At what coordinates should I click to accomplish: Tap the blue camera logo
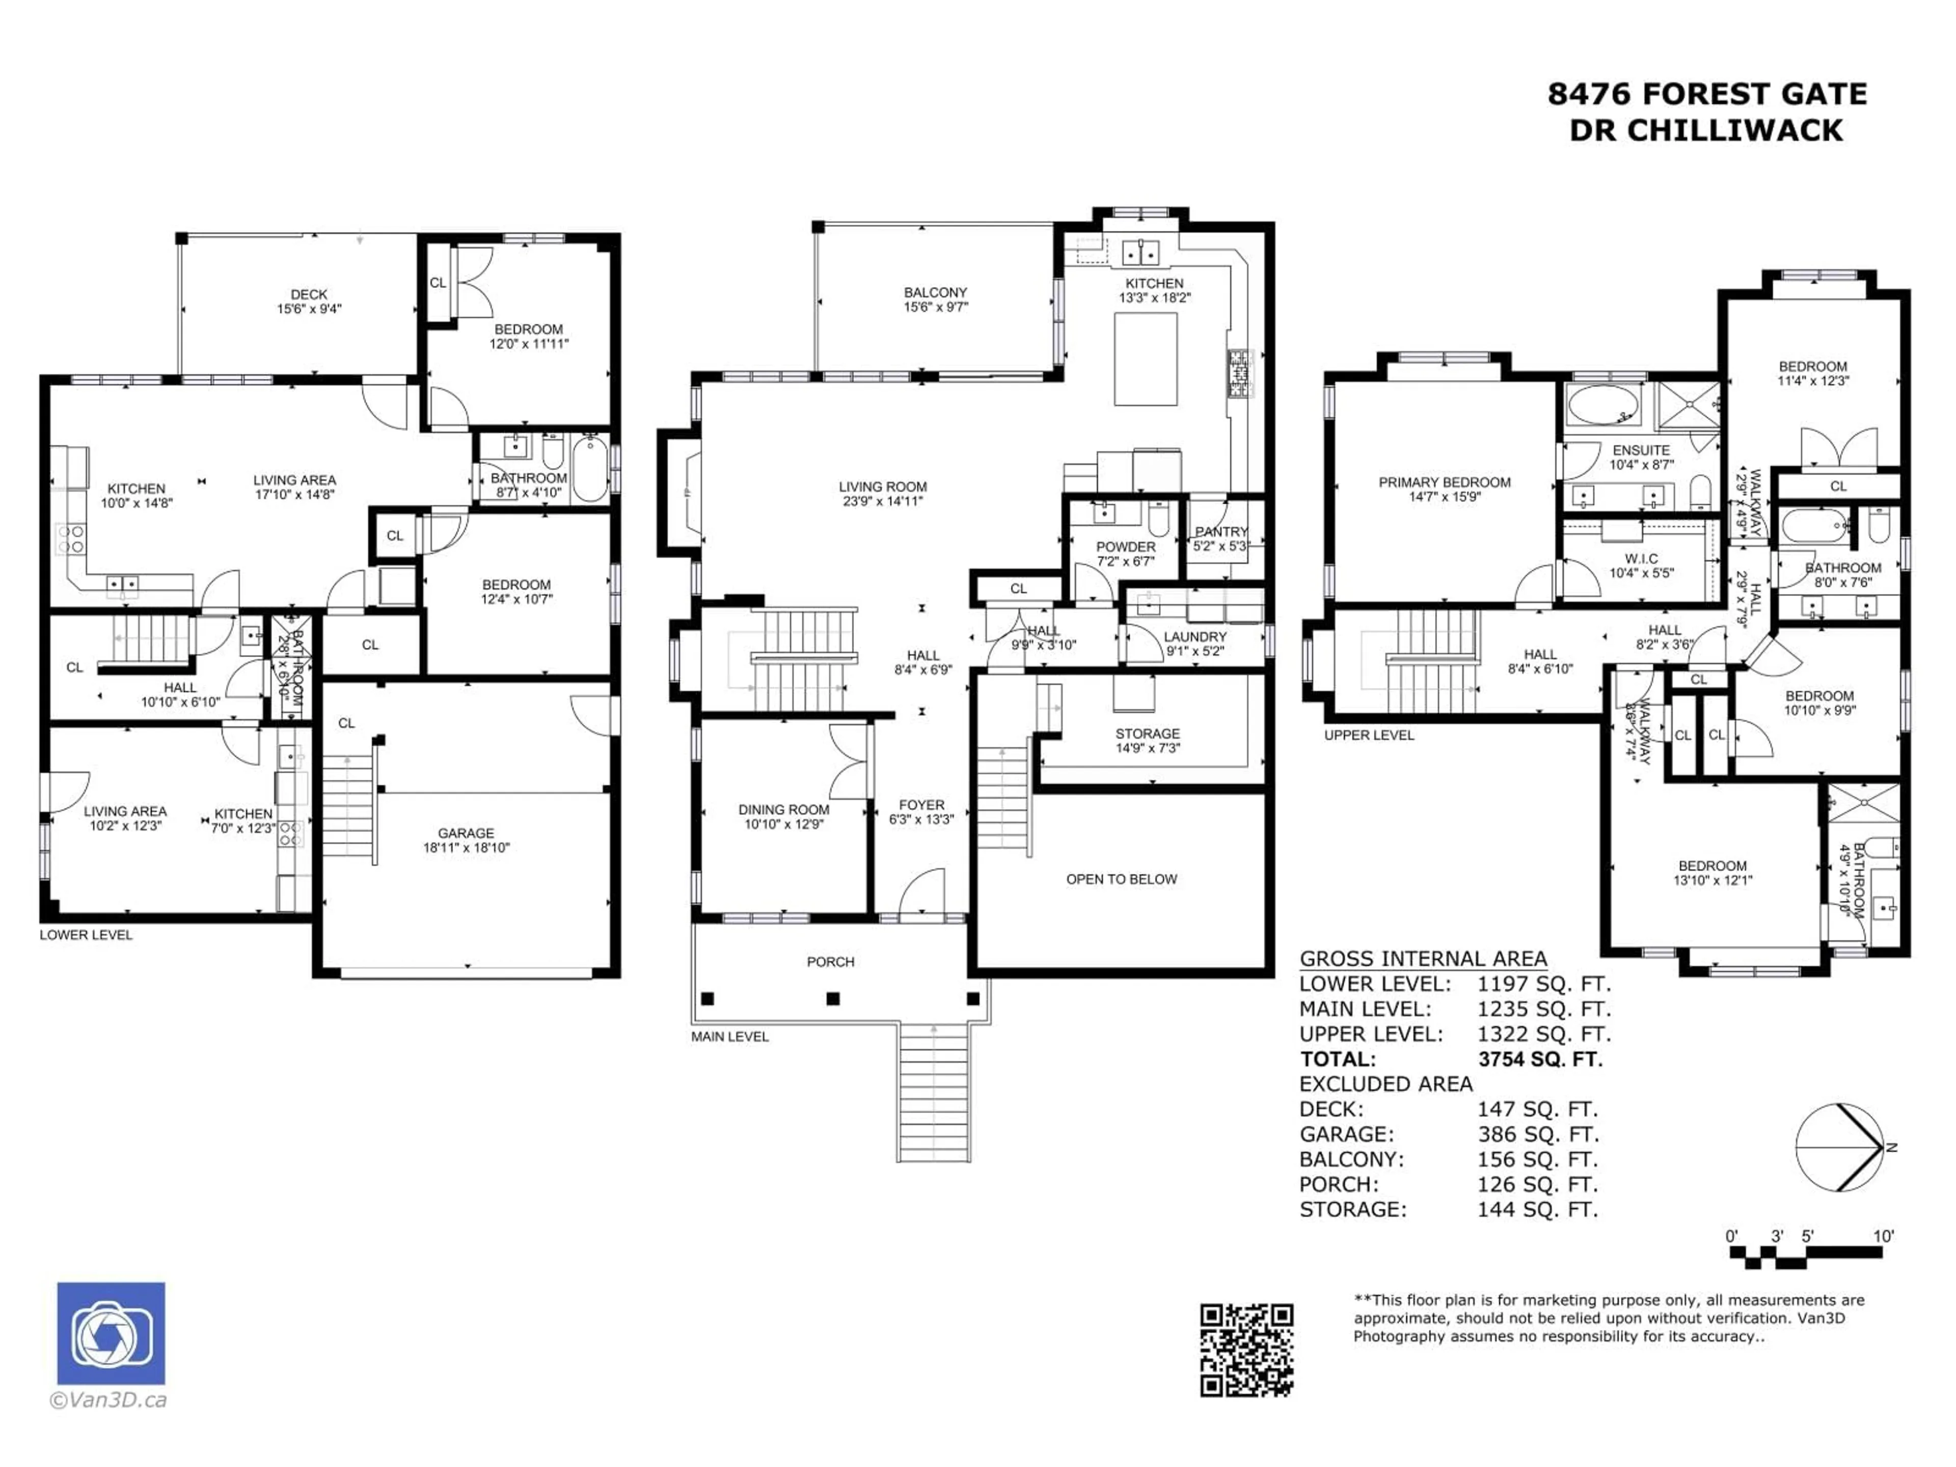coord(111,1333)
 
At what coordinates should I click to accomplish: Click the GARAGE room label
coord(466,833)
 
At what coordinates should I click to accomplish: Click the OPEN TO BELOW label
coord(1121,879)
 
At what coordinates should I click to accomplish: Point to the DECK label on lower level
coord(309,294)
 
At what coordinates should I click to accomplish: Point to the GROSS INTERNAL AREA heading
coord(1423,959)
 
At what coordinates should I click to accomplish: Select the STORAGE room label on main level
coord(1147,734)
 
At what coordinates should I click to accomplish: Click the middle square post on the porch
coord(833,998)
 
